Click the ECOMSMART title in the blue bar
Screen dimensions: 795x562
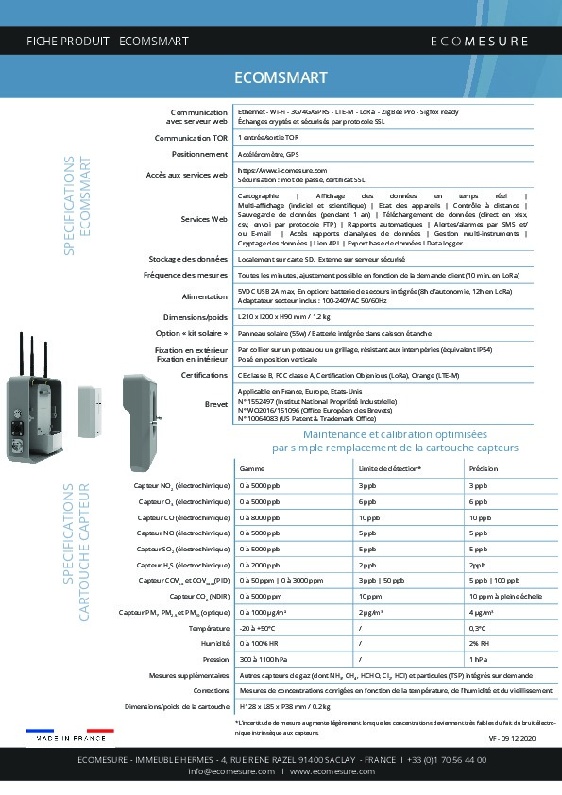coord(281,77)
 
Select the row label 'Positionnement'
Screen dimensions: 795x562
coord(199,153)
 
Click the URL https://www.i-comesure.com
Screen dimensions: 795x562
coord(282,170)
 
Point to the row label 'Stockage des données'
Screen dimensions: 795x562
coord(188,258)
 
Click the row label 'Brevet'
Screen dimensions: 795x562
coord(216,403)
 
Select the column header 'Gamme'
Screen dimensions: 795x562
coord(252,468)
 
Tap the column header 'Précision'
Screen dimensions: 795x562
coord(483,468)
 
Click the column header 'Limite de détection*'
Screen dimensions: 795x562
coord(390,468)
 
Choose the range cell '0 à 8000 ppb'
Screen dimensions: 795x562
coord(261,517)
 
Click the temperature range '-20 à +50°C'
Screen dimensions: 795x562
coord(259,628)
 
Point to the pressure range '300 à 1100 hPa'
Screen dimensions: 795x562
coord(263,659)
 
